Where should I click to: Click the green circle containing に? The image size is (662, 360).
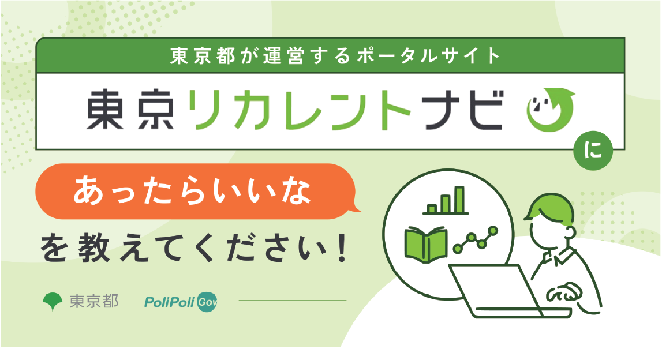point(593,151)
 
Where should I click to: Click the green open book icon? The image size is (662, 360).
point(425,243)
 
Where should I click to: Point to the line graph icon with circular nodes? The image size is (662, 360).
point(476,239)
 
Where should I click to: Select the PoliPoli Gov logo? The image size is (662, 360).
point(181,302)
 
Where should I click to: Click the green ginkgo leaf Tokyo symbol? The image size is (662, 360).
point(53,301)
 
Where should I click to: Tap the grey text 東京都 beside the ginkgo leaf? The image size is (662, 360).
point(93,301)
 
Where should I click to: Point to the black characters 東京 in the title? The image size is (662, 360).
point(130,109)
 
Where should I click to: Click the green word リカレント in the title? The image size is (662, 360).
point(299,109)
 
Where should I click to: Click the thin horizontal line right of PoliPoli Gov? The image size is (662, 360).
point(293,301)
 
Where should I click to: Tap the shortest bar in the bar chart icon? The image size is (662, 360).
point(432,208)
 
